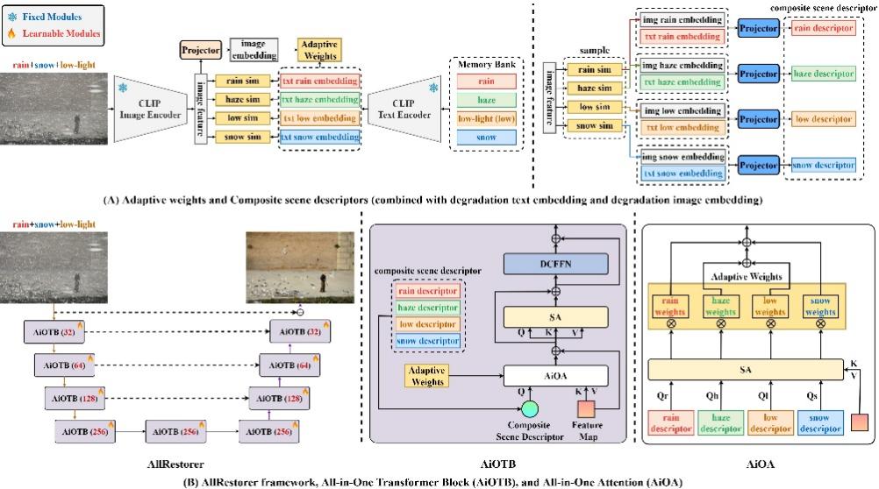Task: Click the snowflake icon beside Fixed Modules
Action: click(x=12, y=16)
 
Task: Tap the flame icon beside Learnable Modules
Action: click(x=12, y=33)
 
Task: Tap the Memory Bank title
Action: click(x=487, y=63)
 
